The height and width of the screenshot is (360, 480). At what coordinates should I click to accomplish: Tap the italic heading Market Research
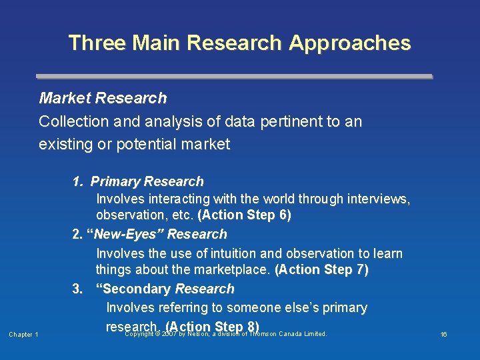103,99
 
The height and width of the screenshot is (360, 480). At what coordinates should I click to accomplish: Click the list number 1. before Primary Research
78,181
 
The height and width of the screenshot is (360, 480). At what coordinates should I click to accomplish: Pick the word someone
257,308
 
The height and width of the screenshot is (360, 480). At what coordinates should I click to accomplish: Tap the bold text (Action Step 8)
212,326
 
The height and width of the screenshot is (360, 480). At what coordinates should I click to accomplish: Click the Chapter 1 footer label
23,335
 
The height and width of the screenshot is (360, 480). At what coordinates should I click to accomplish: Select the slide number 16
443,335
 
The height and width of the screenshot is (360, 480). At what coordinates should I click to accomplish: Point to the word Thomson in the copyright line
263,334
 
